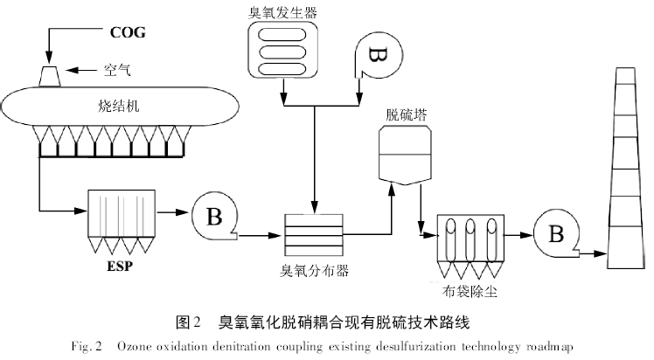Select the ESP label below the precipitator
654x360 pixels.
click(121, 266)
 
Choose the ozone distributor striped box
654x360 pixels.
click(316, 234)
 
